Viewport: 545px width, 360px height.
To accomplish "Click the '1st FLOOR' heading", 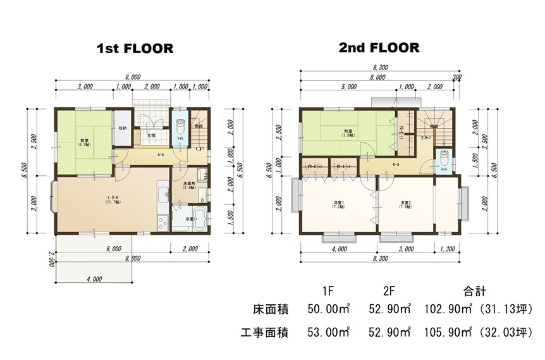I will point(135,49).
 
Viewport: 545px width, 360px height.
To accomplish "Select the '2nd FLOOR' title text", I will point(379,48).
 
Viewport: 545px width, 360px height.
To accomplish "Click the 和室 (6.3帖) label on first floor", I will point(84,142).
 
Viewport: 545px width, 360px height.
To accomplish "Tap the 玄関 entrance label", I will point(152,135).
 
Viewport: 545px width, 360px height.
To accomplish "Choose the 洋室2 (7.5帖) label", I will point(406,205).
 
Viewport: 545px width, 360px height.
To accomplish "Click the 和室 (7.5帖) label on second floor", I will point(348,133).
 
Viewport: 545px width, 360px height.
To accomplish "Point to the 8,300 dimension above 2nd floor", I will point(381,68).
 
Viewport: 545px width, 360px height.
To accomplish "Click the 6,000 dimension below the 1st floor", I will point(114,249).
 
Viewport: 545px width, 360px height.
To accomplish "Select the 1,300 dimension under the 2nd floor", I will point(447,249).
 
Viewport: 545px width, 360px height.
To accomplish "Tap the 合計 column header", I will point(474,292).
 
